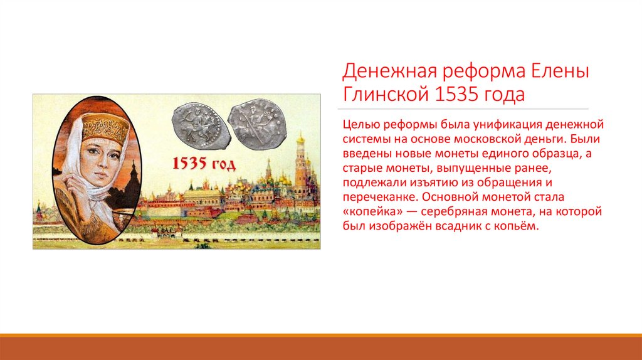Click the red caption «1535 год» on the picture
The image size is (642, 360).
tap(205, 165)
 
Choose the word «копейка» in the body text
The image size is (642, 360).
tap(370, 211)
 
